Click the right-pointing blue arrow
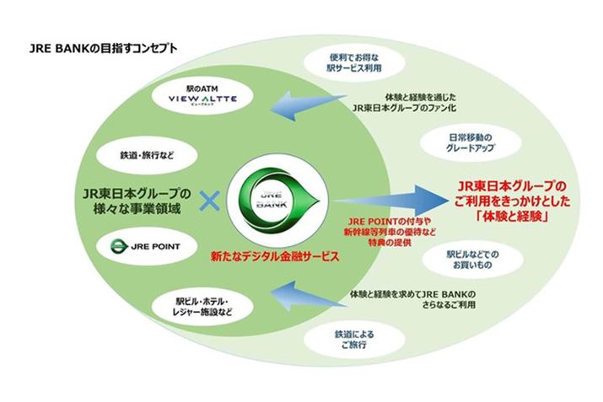396,201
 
